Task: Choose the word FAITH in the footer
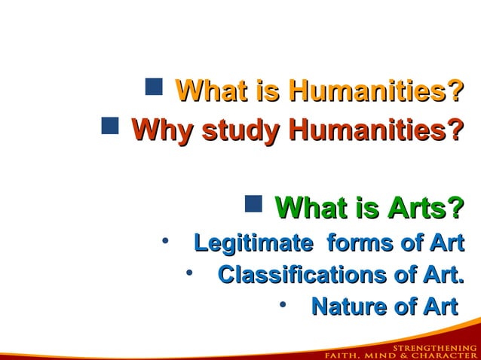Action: [x=342, y=355]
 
